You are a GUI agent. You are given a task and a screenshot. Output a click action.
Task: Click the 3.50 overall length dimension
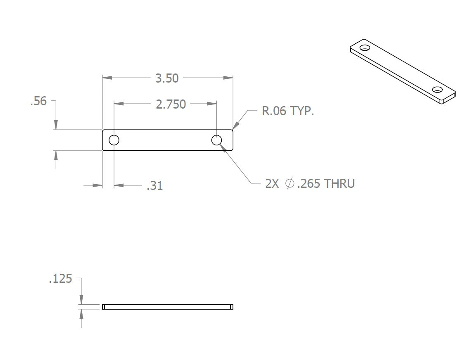point(167,78)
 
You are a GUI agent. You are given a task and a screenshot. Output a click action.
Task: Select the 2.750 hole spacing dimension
point(171,104)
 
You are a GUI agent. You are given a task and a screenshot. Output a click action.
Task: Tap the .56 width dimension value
point(38,101)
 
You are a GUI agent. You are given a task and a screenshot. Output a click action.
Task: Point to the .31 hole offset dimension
point(155,186)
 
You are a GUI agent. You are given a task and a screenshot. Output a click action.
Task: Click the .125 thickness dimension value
point(60,279)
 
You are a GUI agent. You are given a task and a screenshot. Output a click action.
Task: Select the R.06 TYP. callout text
point(288,111)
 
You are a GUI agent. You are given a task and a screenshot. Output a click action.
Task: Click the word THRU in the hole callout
point(339,184)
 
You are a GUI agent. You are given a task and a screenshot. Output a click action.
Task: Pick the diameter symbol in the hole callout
point(290,184)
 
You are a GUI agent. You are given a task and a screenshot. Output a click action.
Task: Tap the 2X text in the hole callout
point(273,184)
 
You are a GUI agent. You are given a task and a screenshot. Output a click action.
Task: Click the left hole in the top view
point(114,140)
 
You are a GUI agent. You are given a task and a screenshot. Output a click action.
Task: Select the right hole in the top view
point(217,140)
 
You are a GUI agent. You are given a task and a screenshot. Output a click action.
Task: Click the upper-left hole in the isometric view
point(364,48)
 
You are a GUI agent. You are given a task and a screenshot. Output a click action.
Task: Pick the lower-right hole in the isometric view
point(437,90)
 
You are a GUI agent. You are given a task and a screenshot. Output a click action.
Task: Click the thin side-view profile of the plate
point(168,307)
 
